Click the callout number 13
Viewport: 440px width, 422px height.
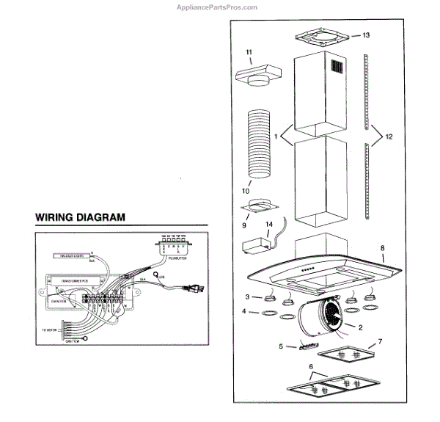pyautogui.click(x=367, y=35)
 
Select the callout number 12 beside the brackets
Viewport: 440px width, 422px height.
pyautogui.click(x=389, y=137)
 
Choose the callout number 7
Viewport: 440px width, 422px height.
pyautogui.click(x=379, y=342)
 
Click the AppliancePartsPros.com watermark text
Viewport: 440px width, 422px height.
pyautogui.click(x=218, y=7)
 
